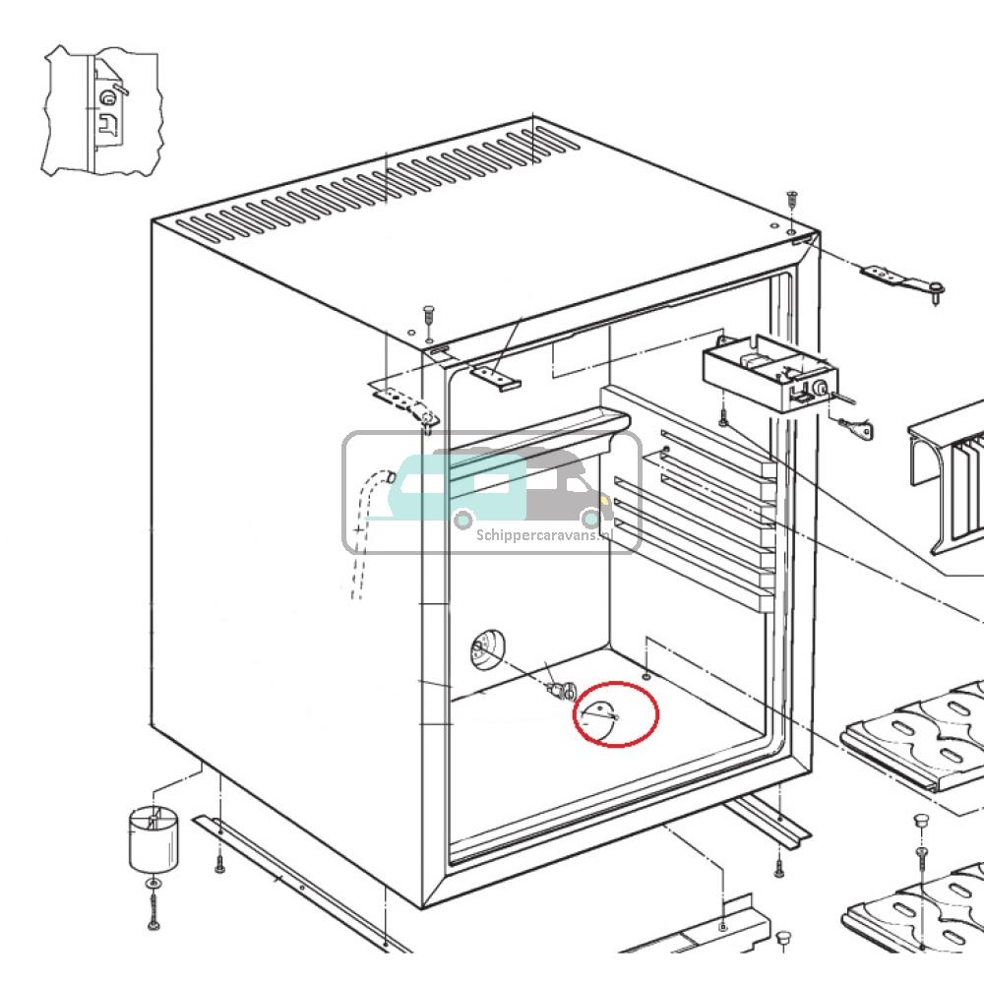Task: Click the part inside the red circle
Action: click(599, 715)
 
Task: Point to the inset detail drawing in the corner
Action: click(102, 111)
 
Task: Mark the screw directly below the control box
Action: click(723, 418)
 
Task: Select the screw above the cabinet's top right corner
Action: click(791, 201)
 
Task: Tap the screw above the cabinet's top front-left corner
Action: click(428, 315)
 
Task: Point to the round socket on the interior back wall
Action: click(486, 650)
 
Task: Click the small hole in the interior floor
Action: click(644, 677)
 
